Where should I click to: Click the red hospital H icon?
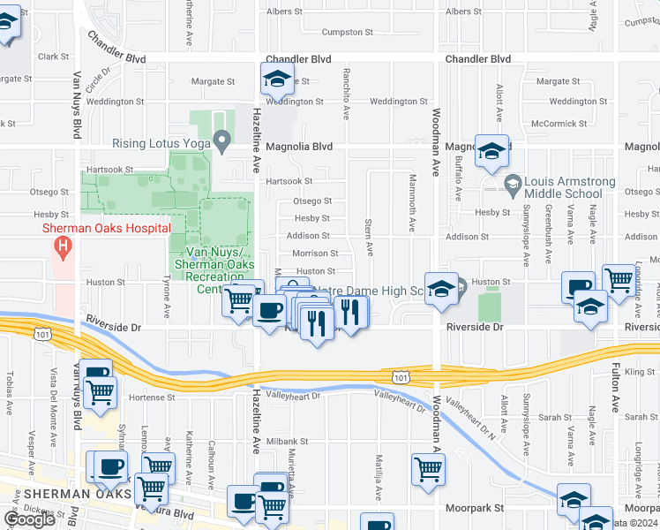[x=62, y=246]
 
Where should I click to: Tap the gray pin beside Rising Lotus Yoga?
[x=224, y=140]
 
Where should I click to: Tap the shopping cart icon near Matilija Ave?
[x=428, y=469]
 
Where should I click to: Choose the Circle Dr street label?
[x=98, y=81]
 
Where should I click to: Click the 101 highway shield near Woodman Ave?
[x=401, y=377]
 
